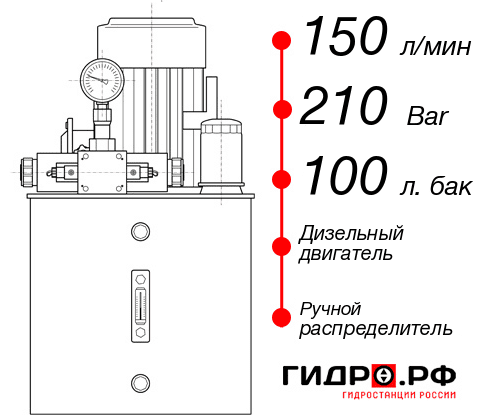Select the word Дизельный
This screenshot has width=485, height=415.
coord(352,234)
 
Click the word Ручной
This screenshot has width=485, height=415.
coord(330,308)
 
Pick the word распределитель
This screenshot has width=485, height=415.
coord(376,328)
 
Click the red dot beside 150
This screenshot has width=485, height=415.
coord(282,41)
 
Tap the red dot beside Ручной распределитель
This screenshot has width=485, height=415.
coord(282,316)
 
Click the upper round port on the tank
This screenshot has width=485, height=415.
coord(139,232)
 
